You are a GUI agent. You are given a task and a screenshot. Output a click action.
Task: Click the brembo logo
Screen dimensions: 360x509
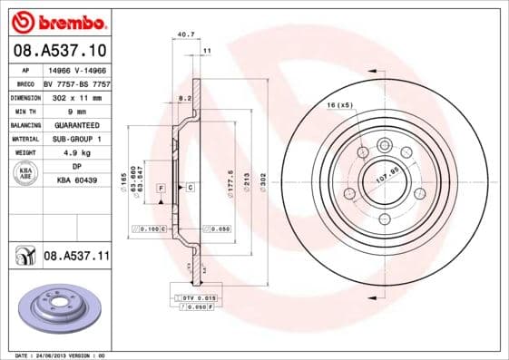[x=57, y=19]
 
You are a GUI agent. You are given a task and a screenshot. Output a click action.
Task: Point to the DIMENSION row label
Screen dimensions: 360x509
[x=24, y=95]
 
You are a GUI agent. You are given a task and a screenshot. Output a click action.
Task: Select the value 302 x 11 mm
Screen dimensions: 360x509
[x=76, y=95]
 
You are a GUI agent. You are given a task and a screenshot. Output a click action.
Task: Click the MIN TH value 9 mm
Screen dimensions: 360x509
[x=76, y=110]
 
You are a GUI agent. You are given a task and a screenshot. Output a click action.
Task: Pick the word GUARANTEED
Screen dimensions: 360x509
[x=76, y=124]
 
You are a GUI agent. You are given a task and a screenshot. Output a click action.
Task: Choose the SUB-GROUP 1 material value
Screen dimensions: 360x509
[x=76, y=139]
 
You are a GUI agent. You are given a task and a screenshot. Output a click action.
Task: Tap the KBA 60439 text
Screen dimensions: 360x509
[x=76, y=181]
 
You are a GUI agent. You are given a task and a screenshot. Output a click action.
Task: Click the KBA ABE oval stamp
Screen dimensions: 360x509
[x=25, y=174]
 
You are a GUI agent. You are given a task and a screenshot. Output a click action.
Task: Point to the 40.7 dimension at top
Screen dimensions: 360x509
[x=186, y=35]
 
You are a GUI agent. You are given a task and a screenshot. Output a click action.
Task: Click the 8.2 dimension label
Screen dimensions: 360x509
[x=184, y=96]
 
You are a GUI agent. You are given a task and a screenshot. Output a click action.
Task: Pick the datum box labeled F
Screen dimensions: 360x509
[x=161, y=188]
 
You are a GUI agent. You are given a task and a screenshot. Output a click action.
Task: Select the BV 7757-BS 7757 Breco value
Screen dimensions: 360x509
[x=76, y=82]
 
